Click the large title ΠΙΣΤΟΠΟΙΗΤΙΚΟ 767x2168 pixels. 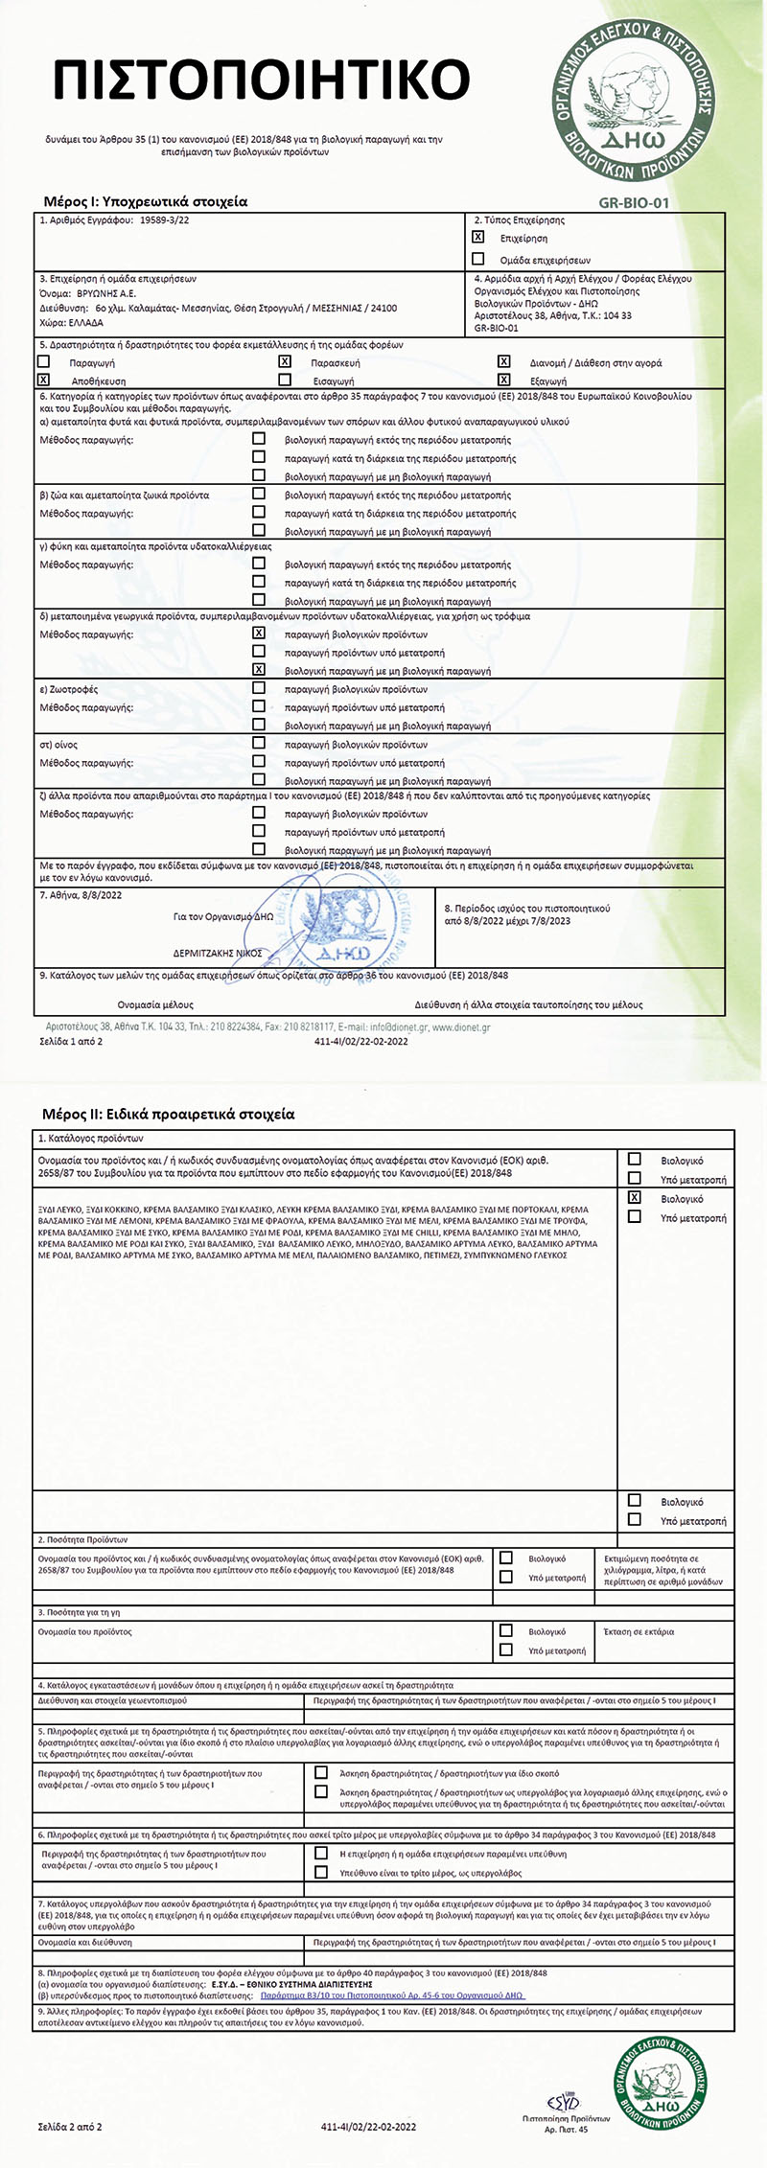click(x=262, y=79)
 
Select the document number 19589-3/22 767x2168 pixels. click(x=164, y=220)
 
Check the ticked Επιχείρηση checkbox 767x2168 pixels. click(x=478, y=237)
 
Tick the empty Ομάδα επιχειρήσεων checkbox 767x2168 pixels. click(x=478, y=259)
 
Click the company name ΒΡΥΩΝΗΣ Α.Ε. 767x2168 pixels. click(x=105, y=293)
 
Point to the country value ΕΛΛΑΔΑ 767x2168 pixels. click(x=85, y=323)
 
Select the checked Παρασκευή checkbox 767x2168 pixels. click(x=285, y=362)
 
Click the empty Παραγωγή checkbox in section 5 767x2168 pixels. click(x=43, y=362)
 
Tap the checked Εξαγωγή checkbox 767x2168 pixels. click(x=503, y=381)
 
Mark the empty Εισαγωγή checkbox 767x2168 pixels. click(x=285, y=381)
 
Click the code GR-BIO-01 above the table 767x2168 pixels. click(x=633, y=203)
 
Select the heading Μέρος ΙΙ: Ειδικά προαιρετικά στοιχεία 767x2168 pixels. click(x=169, y=1115)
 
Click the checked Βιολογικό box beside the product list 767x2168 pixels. click(x=634, y=1198)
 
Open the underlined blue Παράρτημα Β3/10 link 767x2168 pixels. click(x=393, y=1995)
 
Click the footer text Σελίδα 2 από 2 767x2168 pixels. click(x=70, y=2127)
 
